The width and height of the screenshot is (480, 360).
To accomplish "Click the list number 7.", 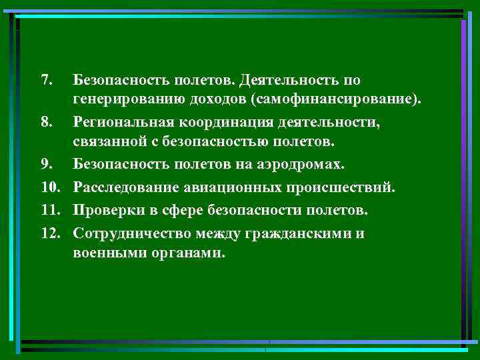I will tap(45, 81).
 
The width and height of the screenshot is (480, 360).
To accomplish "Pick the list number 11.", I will tap(49, 211).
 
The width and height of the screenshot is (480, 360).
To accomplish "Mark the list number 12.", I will tap(49, 233).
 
